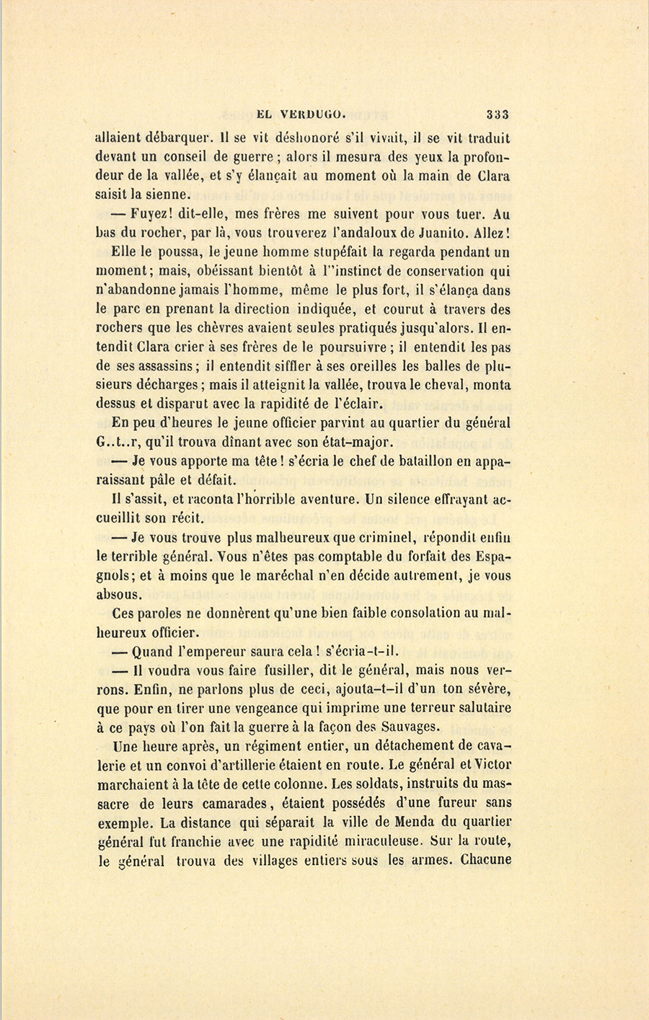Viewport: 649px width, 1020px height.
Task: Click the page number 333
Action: (x=498, y=113)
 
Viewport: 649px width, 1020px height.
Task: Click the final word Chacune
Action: (x=485, y=859)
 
